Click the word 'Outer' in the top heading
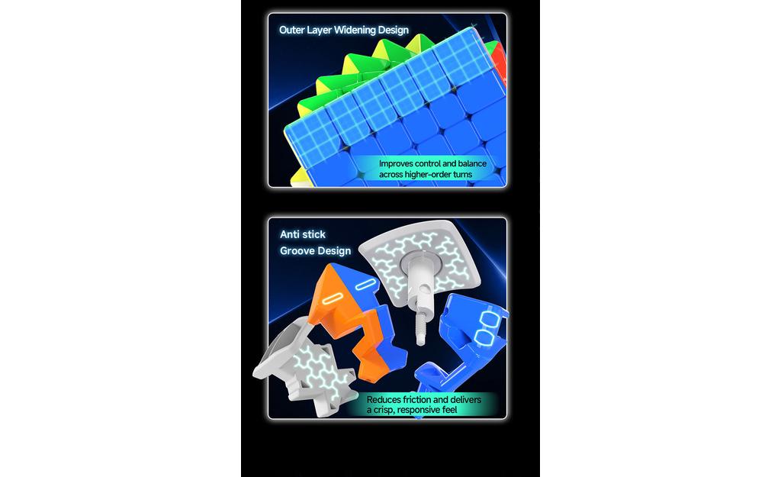point(291,30)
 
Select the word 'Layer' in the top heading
point(320,30)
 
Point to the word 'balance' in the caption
point(472,163)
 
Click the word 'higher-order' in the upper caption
point(428,175)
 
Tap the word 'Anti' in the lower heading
point(289,234)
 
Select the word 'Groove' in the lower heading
point(297,251)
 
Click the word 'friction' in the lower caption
point(419,400)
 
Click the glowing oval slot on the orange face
point(331,300)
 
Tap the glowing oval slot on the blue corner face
point(365,285)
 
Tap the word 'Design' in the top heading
point(393,30)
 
